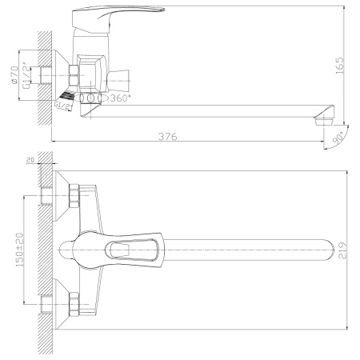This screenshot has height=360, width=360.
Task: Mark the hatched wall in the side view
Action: click(x=45, y=76)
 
